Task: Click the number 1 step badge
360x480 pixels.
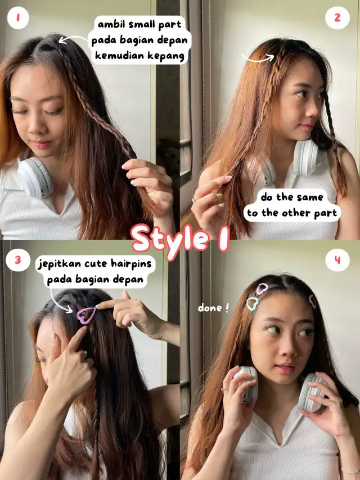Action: pos(18,18)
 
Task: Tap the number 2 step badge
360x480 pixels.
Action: pos(337,18)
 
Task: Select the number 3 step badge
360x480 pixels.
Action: pos(18,260)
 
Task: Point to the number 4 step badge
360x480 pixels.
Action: pos(337,260)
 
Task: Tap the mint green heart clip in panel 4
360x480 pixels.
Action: pos(252,303)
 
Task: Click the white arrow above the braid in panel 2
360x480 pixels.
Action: pos(258,58)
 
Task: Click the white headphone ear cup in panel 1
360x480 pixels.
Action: pos(34,178)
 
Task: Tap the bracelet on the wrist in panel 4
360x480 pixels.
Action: pos(350,472)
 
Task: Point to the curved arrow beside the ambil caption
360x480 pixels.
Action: pos(73,39)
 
